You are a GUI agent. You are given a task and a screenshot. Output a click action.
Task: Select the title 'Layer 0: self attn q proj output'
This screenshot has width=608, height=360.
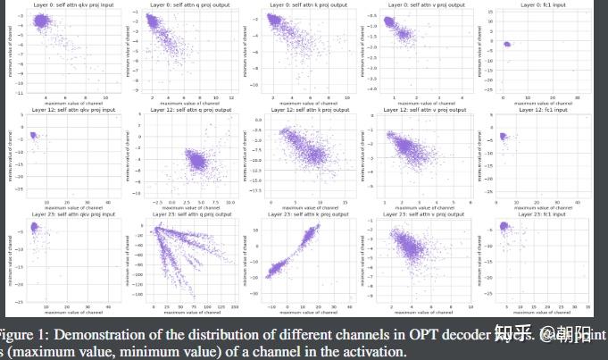183,4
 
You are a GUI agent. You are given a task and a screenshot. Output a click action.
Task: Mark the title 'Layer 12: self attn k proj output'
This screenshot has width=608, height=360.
300,110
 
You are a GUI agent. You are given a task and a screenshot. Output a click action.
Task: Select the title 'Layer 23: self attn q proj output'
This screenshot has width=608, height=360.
183,214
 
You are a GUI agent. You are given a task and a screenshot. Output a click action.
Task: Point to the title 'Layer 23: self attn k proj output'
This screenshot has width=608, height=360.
300,214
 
